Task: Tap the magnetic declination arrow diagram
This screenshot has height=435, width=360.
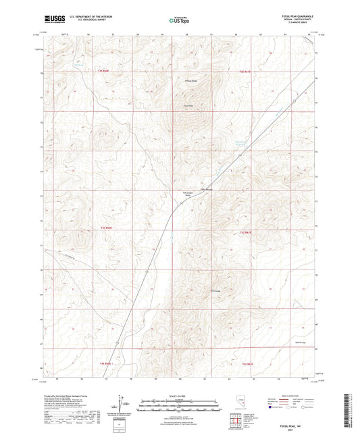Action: tap(124, 405)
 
